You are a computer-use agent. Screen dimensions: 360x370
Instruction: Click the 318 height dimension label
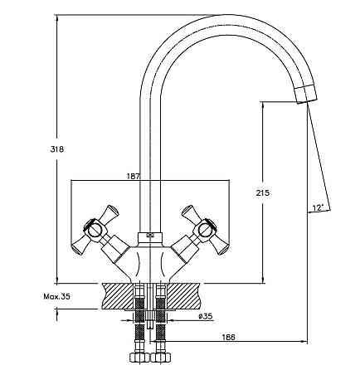(56, 149)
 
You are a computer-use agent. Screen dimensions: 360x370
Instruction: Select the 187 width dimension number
(134, 176)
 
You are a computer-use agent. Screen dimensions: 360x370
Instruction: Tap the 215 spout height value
(262, 192)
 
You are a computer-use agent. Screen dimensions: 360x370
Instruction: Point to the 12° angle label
(318, 207)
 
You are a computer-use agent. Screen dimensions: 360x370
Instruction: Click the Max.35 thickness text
(56, 296)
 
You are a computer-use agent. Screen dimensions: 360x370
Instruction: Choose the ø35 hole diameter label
(206, 316)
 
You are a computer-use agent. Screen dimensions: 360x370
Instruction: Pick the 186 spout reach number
(228, 337)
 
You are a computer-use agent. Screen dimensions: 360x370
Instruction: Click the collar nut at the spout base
(150, 237)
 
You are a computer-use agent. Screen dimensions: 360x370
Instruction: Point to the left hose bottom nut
(139, 357)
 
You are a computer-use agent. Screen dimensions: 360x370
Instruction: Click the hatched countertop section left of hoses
(119, 296)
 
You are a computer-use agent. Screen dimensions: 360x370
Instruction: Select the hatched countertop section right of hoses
(183, 296)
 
